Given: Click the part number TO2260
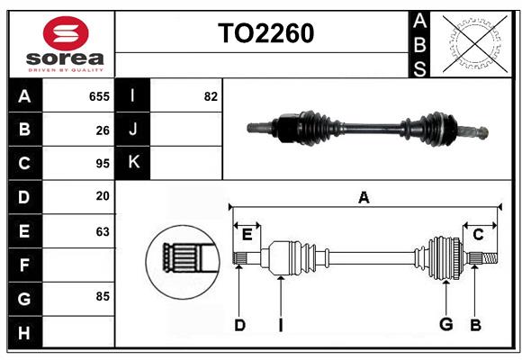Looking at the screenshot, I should coord(265,33).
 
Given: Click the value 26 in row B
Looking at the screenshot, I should coord(103,130).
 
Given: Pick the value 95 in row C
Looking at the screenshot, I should coord(103,164).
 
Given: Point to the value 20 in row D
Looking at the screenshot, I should coord(103,196).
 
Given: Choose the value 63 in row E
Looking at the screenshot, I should coord(103,231).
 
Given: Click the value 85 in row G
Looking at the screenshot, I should coord(103,295).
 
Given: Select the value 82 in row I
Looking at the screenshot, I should coord(211,96).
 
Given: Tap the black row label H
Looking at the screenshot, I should coord(24,332).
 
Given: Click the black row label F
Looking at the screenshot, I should coord(24,265).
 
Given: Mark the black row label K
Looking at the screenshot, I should coord(133,163).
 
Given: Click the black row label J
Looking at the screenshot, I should coord(133,130).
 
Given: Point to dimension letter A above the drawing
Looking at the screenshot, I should coord(364,197).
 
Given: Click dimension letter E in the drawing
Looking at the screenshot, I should coord(247,235).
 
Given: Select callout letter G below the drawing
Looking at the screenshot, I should coord(445,325).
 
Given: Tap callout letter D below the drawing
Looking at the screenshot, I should coord(239,325).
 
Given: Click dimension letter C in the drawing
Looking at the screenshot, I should coord(478,235).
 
